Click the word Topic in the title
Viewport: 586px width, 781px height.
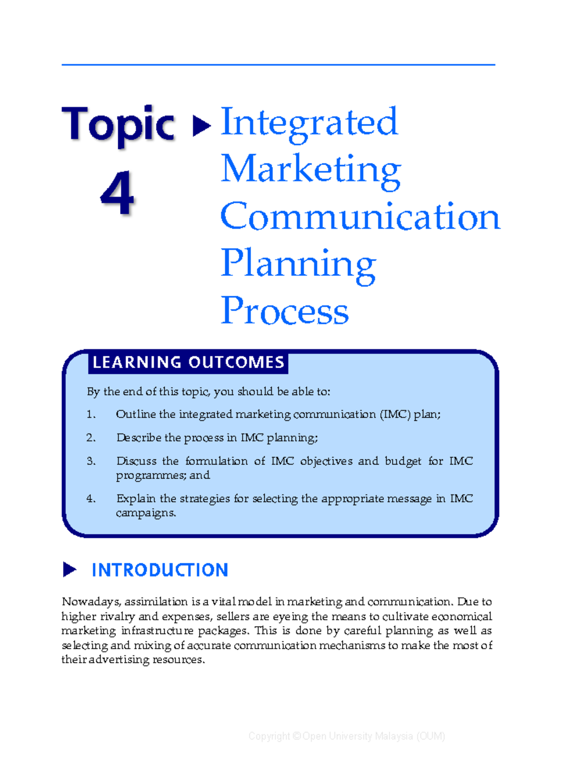118,124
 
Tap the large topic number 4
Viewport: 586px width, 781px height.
117,193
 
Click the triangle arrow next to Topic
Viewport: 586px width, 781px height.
201,126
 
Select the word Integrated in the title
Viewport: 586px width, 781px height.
309,122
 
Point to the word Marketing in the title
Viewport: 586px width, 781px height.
311,169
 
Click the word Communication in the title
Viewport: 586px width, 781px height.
360,216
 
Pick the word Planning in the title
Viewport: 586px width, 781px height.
298,264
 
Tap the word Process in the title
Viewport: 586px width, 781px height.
285,310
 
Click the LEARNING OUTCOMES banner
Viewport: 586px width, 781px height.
188,363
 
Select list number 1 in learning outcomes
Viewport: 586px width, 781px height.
91,414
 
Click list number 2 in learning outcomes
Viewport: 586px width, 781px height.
91,438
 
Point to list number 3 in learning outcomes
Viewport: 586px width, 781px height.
91,461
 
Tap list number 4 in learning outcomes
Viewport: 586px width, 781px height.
91,499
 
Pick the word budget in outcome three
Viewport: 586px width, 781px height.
403,461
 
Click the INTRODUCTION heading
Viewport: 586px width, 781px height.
160,570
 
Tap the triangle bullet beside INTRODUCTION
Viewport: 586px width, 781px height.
69,570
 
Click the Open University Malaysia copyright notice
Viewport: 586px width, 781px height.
347,736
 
